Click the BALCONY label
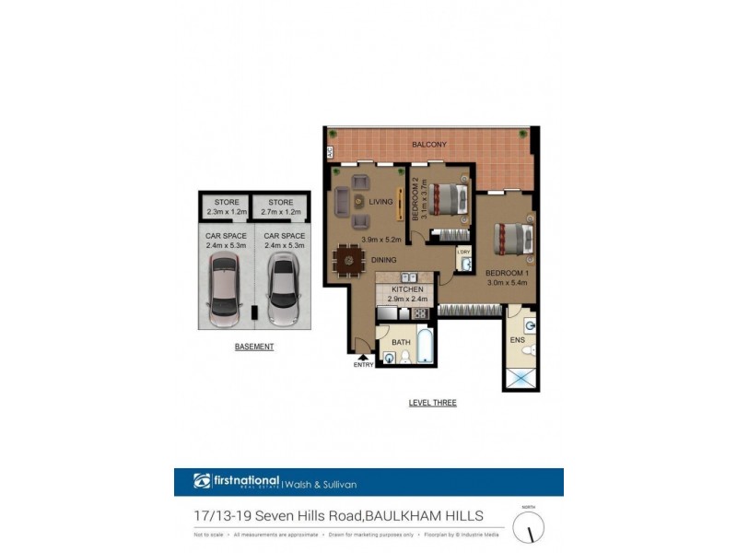point(429,145)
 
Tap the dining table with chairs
point(349,260)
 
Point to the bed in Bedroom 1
point(512,240)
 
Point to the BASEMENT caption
point(254,347)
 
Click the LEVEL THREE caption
point(432,403)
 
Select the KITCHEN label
point(406,290)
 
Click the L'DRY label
point(463,252)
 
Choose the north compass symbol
point(529,527)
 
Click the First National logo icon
point(202,481)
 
